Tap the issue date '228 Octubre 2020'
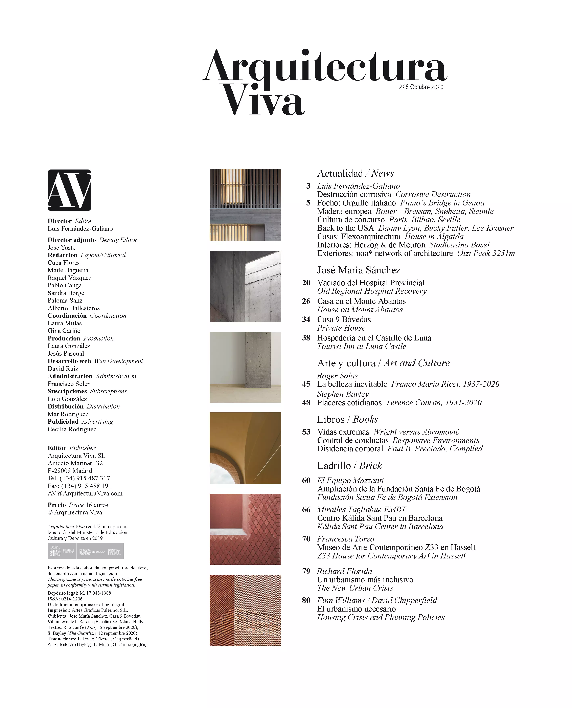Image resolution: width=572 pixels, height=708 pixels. click(421, 87)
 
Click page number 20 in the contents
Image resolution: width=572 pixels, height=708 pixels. click(306, 283)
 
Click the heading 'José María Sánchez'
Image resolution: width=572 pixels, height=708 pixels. click(359, 270)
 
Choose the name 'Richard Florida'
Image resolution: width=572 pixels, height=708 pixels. click(344, 571)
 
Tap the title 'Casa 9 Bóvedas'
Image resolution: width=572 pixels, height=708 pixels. click(344, 319)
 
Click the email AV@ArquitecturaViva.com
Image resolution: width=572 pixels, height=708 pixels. click(85, 493)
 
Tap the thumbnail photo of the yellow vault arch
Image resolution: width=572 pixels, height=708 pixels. click(245, 448)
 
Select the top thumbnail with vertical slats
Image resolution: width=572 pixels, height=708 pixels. click(245, 205)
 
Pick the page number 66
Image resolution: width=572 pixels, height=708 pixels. click(306, 510)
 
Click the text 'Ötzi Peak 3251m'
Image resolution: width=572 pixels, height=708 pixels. click(486, 253)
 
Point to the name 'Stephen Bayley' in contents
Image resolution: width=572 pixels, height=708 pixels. click(343, 394)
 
